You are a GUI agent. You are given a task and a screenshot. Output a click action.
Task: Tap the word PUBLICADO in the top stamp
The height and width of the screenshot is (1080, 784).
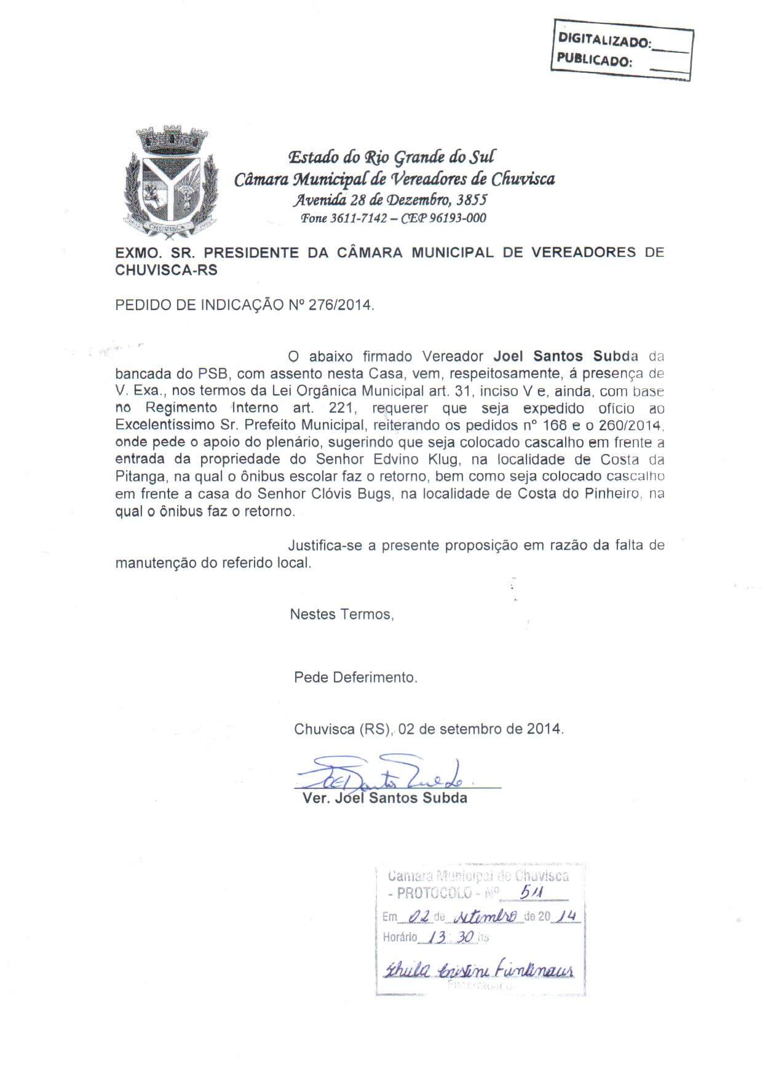click(x=593, y=60)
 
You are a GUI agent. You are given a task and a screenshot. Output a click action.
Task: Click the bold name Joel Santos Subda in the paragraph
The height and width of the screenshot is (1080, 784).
click(x=566, y=356)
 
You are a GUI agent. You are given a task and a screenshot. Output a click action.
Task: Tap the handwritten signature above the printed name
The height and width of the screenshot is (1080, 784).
click(x=381, y=775)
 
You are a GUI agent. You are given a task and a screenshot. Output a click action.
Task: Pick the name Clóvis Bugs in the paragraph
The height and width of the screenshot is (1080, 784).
click(x=355, y=494)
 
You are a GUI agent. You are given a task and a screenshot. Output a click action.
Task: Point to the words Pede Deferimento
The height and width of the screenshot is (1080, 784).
click(x=355, y=678)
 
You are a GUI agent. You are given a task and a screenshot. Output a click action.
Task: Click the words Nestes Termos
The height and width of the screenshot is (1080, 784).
click(x=341, y=614)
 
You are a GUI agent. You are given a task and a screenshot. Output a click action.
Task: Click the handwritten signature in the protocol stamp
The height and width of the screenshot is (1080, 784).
click(x=477, y=970)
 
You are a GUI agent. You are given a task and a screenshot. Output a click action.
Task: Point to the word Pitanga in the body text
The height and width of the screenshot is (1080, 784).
click(x=137, y=476)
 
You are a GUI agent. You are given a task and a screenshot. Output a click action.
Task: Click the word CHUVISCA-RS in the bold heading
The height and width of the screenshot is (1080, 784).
click(x=166, y=270)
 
